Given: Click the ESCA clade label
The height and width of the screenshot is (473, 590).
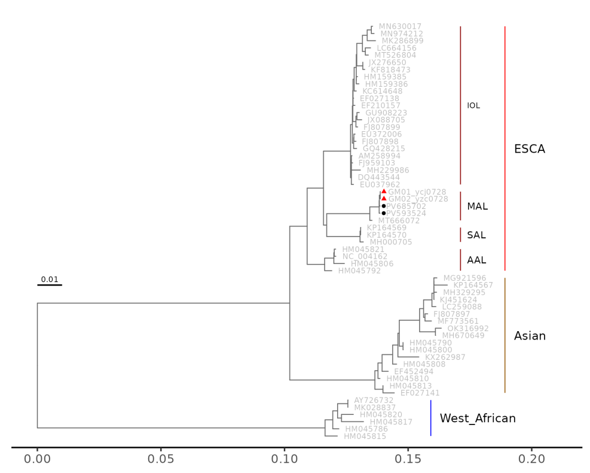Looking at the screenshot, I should (529, 149).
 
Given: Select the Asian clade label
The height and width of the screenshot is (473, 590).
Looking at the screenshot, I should (530, 336).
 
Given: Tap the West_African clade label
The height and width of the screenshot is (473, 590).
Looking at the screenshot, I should (478, 418).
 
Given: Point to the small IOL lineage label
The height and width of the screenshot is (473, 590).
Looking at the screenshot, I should (473, 106).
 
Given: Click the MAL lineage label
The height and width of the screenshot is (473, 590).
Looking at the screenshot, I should (477, 207).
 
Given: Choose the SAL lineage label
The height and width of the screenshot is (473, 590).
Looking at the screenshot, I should (476, 235).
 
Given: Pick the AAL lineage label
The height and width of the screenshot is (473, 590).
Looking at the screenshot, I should (476, 260).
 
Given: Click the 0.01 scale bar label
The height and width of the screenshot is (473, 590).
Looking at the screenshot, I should (49, 279).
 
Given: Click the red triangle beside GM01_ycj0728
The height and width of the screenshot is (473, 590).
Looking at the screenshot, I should (384, 192).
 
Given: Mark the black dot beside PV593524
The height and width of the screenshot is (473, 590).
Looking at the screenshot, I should (384, 213).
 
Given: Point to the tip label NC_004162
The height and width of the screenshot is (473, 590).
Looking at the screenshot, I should (365, 256).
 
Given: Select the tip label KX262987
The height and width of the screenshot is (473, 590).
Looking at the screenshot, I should (445, 357).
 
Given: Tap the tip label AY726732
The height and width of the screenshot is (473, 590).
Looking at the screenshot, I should (374, 400).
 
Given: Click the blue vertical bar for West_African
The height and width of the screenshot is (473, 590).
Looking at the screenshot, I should (430, 418).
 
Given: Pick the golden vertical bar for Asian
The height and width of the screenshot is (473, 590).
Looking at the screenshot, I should (505, 335).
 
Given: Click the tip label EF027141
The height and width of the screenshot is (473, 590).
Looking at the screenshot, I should (420, 393).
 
